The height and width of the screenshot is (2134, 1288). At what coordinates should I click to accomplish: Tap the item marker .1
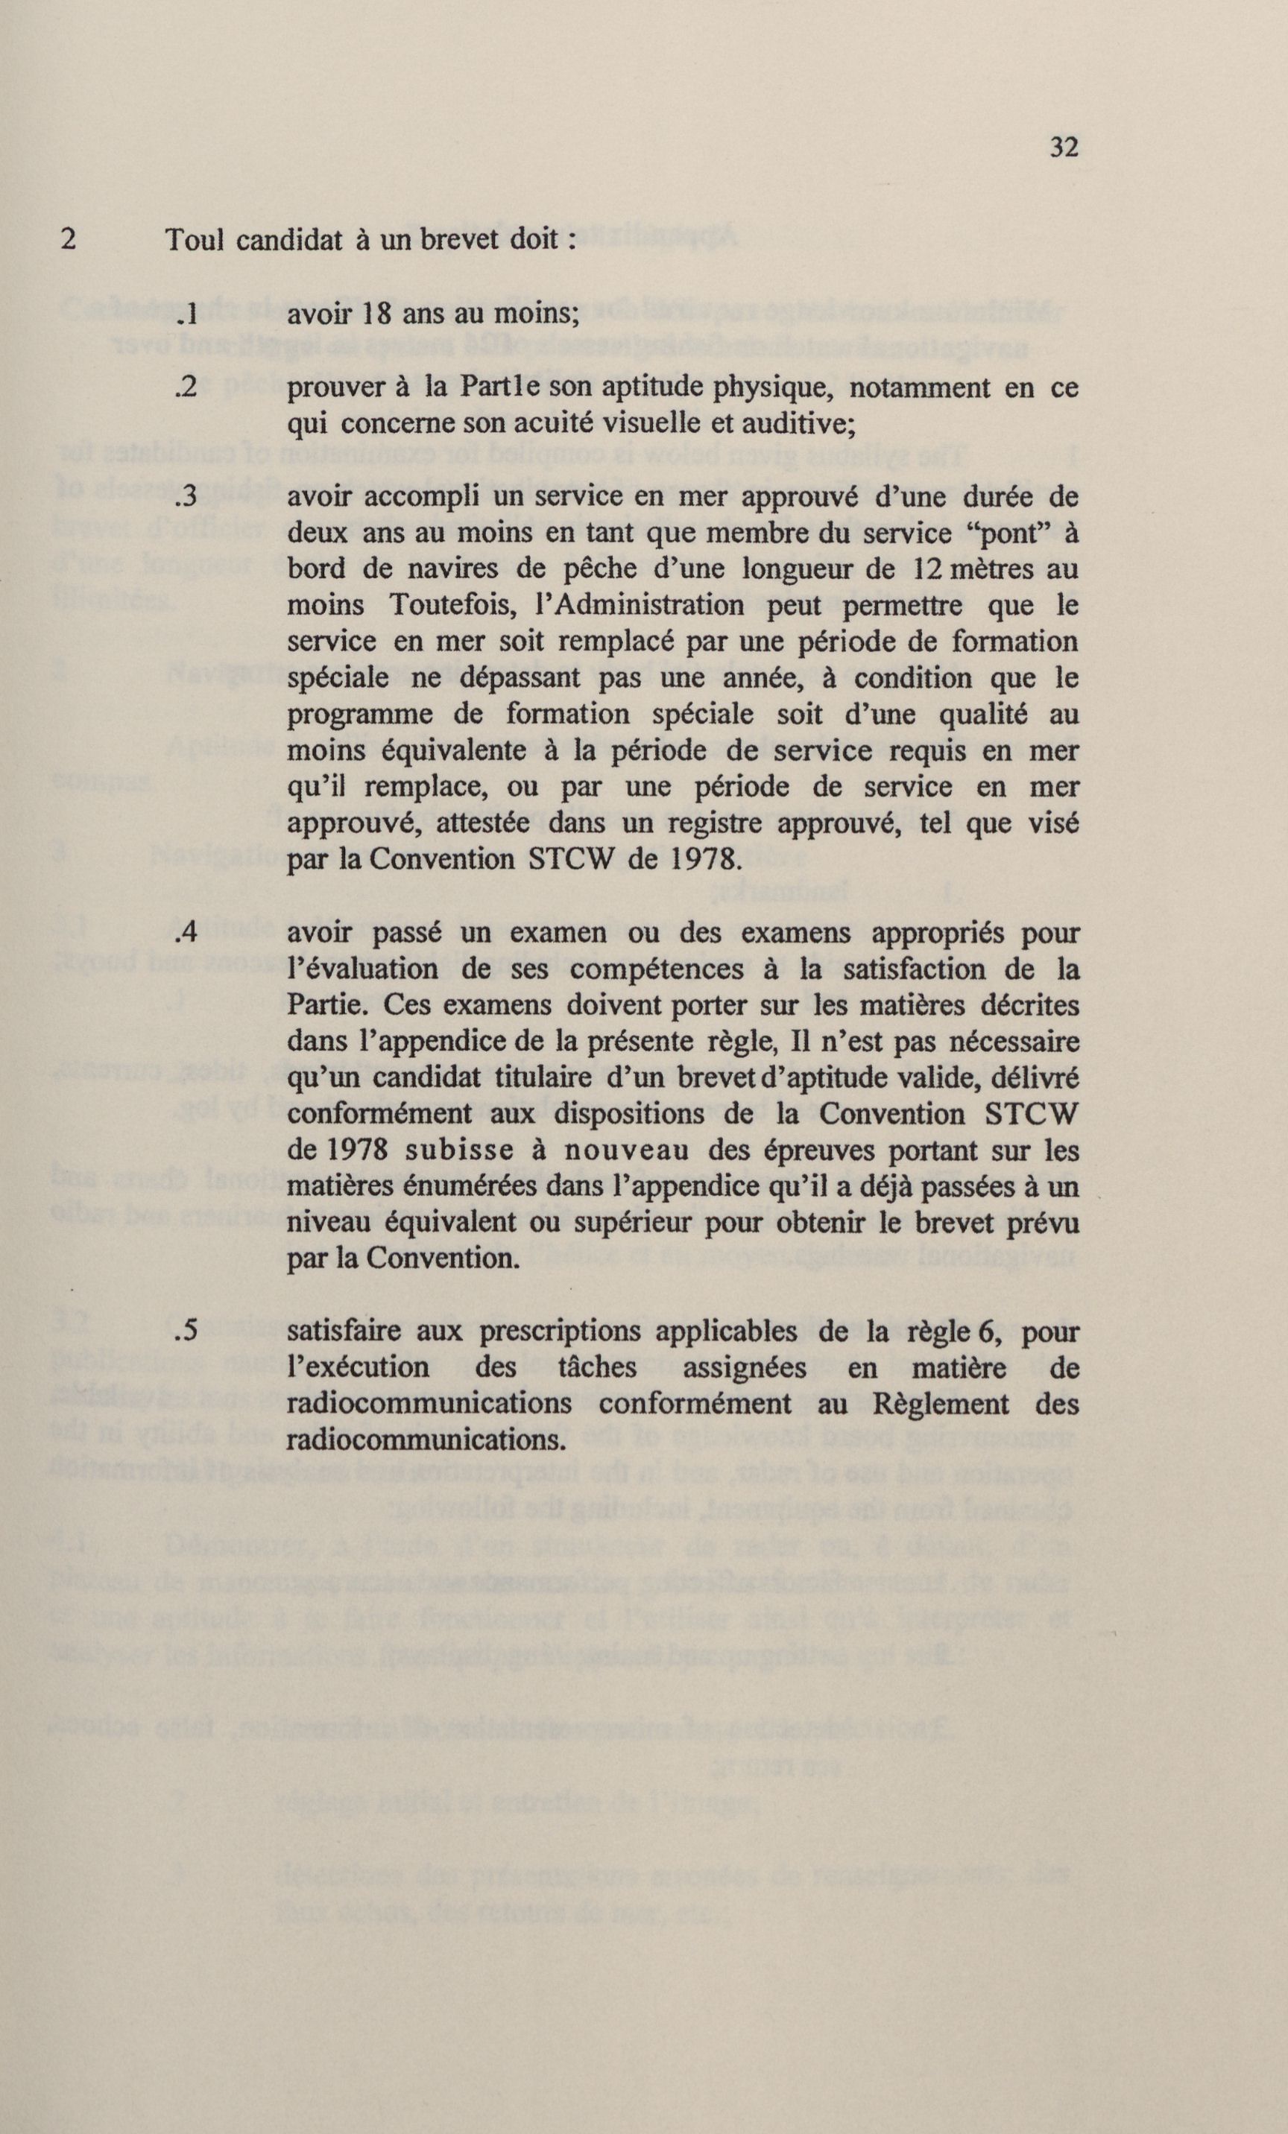(x=187, y=314)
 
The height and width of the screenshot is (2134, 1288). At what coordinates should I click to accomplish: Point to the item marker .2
(x=187, y=387)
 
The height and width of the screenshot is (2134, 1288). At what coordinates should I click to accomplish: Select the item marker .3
(x=187, y=497)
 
